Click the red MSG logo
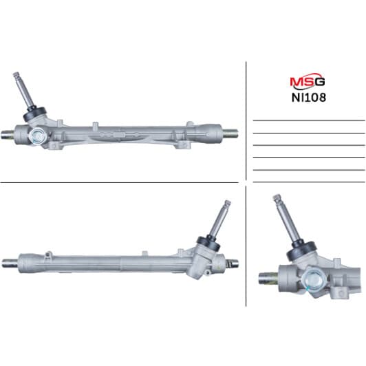pos(307,81)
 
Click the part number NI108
pos(309,98)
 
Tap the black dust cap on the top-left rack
pos(34,114)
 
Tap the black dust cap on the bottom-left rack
pos(208,244)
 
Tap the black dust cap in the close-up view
pos(301,251)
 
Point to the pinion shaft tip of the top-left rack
pos(16,75)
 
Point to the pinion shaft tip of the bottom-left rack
pos(227,202)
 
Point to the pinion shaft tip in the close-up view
pos(277,197)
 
